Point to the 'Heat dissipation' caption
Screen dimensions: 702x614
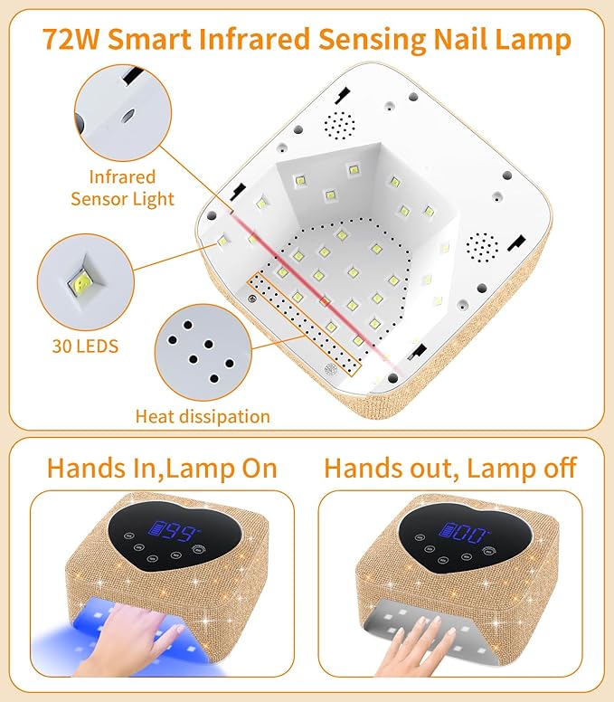pos(203,416)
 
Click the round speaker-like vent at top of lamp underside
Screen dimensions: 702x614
pos(339,124)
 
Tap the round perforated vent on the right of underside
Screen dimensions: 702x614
pos(482,245)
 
